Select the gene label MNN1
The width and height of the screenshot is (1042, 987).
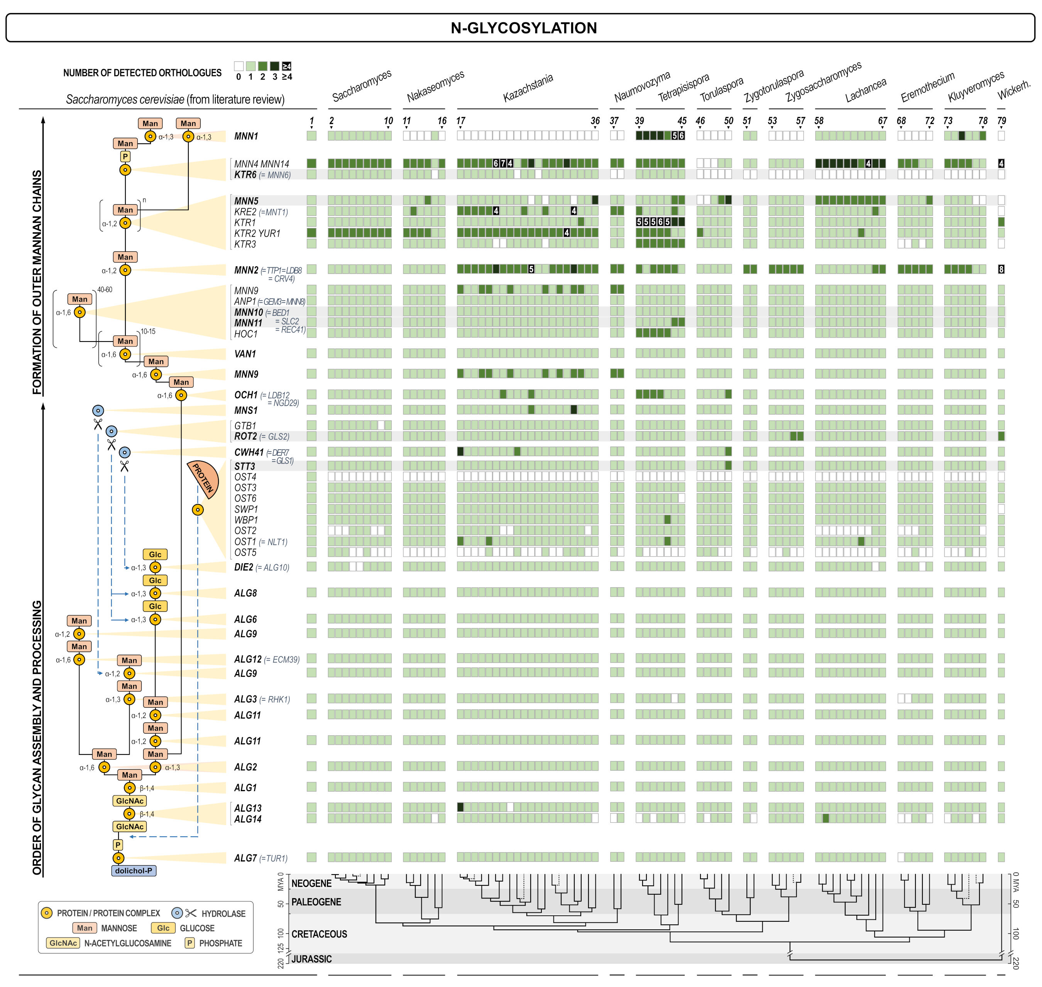(246, 136)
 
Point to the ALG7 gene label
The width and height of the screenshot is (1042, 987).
(245, 858)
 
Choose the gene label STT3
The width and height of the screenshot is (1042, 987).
(244, 467)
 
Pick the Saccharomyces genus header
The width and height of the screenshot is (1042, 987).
(362, 85)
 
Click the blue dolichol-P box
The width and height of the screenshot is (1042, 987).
(134, 871)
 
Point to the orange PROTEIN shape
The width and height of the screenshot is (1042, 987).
(205, 478)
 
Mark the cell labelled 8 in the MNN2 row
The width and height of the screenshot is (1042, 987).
(1001, 269)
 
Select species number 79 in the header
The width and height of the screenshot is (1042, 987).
(1001, 121)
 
